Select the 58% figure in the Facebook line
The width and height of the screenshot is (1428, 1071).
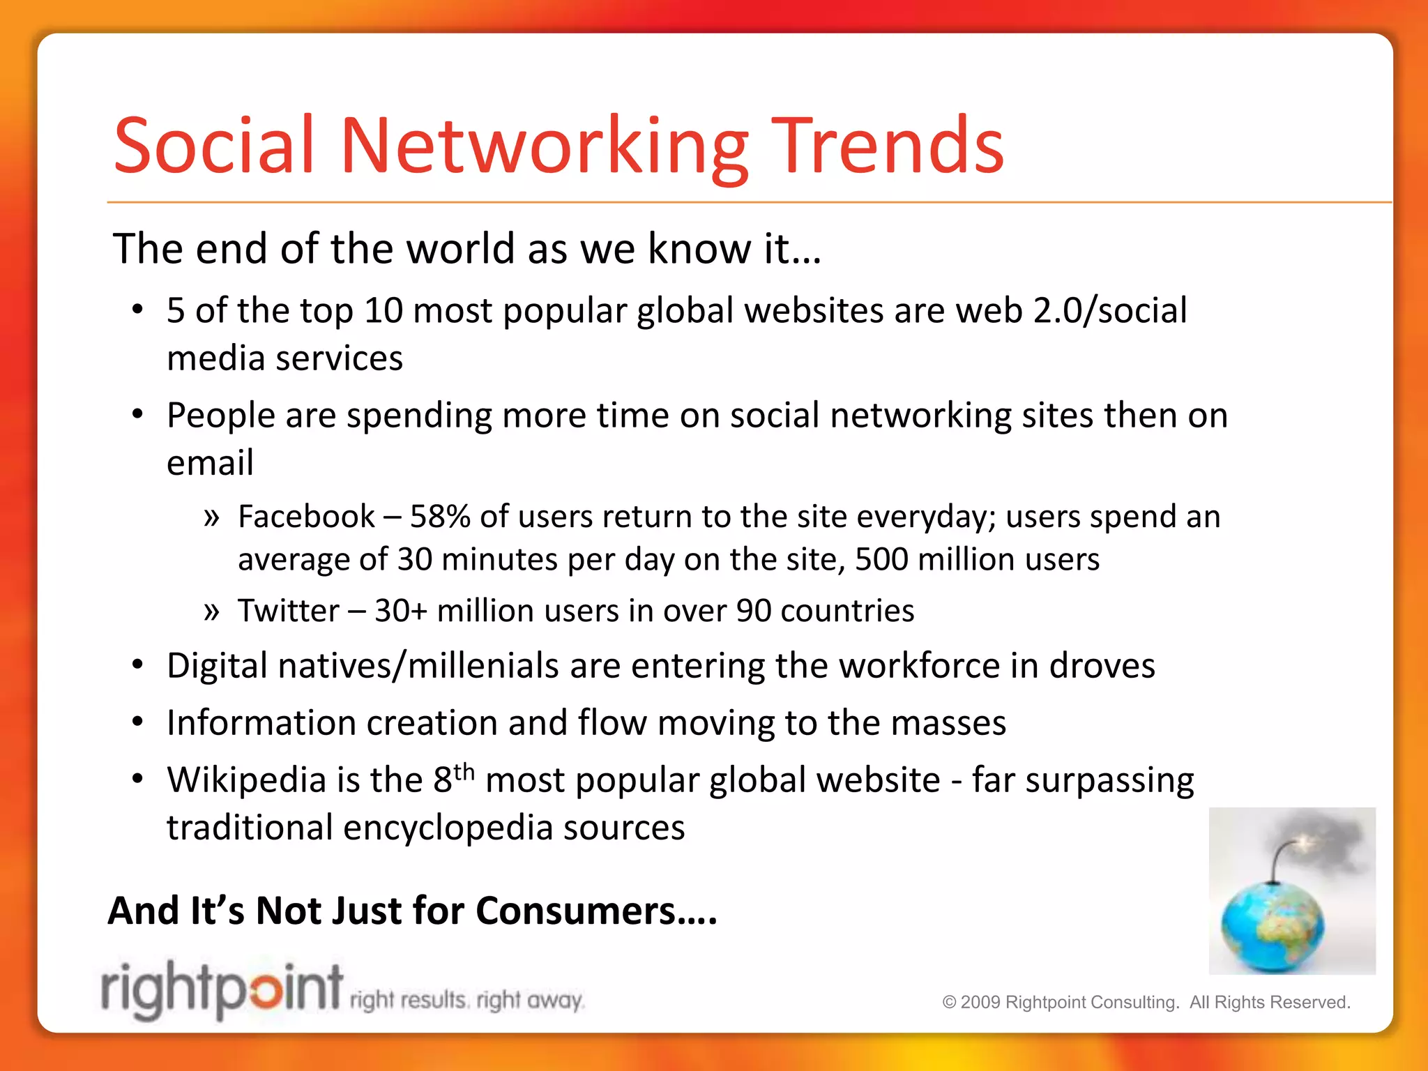pos(439,517)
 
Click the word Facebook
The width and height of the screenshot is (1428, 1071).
pos(306,517)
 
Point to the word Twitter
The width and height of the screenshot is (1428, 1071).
pos(288,611)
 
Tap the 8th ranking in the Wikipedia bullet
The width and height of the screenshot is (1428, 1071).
pos(453,778)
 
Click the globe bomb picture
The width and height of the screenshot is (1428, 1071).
pos(1291,890)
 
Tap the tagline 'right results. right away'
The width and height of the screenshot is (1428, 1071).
pos(466,1001)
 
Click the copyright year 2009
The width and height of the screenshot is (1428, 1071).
pos(980,1003)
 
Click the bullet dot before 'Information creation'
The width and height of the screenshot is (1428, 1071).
pos(138,722)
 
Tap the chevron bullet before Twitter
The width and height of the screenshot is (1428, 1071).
pos(211,612)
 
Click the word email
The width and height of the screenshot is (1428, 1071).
pos(210,462)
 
